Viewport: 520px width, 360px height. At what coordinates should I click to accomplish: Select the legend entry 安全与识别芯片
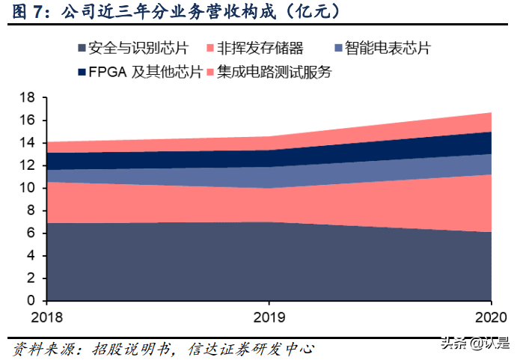pos(135,49)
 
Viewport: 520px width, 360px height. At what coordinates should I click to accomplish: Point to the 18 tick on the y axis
pos(27,98)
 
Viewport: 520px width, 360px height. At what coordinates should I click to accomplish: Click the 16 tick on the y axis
pos(27,120)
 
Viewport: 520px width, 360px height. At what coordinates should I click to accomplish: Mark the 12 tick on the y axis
pos(27,165)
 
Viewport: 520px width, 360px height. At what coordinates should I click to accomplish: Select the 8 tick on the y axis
pos(31,210)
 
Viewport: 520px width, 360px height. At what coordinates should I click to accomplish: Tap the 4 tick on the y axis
pos(31,255)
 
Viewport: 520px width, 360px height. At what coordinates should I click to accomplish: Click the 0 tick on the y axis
pos(31,300)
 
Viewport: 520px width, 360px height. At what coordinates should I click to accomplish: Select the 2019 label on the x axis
pos(269,316)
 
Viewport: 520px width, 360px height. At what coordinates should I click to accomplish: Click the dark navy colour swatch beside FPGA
pos(82,73)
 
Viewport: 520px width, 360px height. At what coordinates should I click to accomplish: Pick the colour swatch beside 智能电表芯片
pos(337,49)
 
